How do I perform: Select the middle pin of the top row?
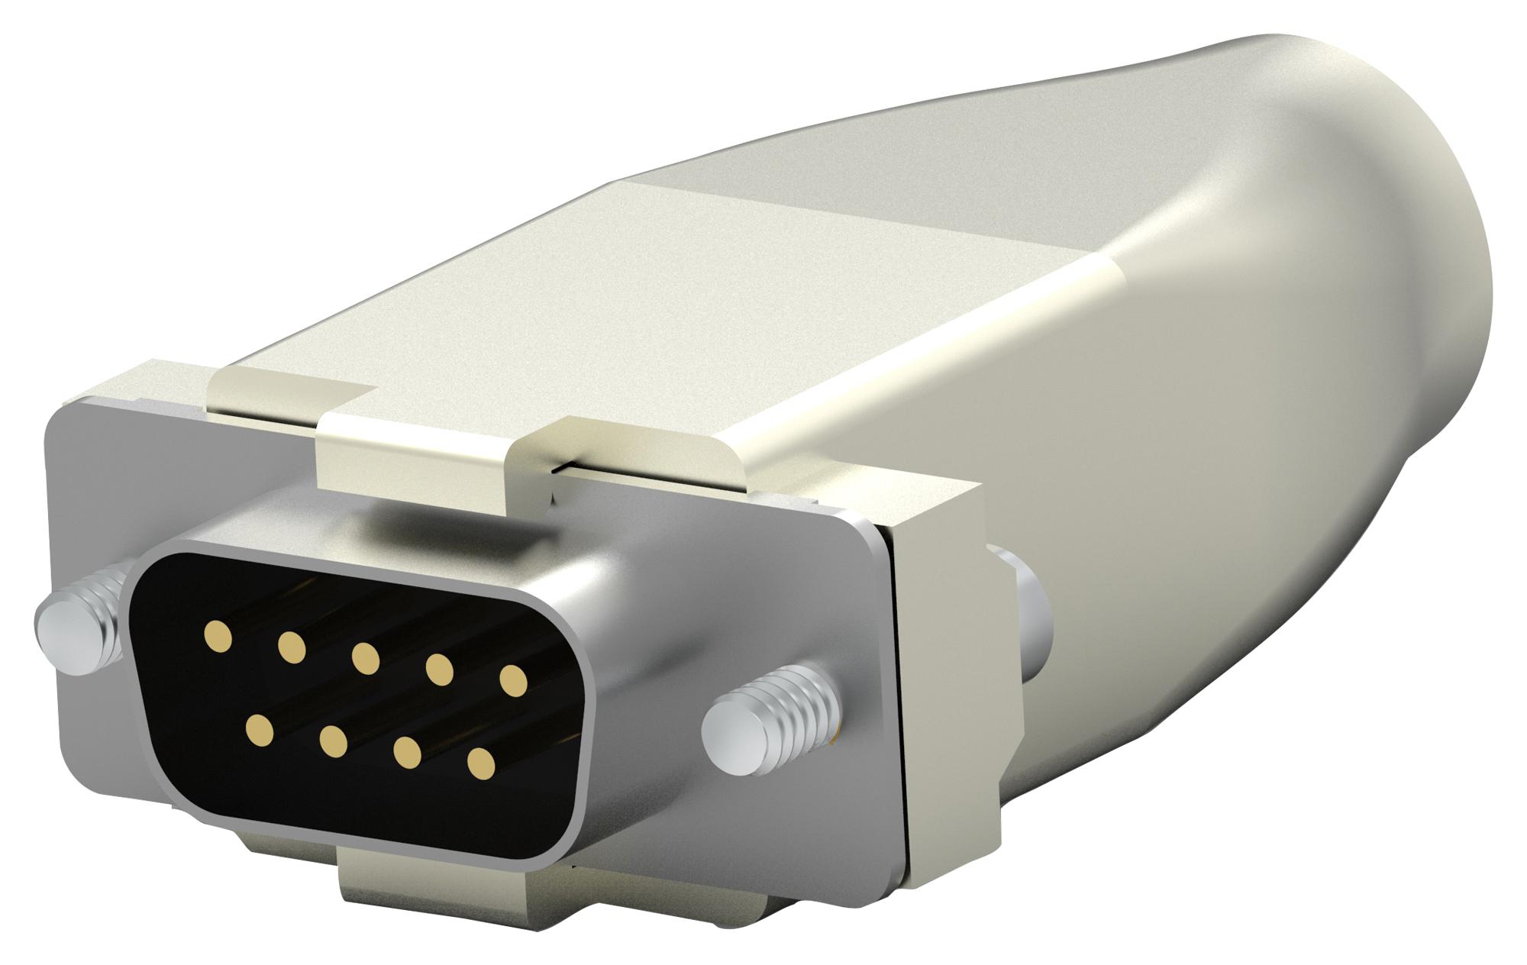pyautogui.click(x=365, y=658)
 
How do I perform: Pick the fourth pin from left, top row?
pyautogui.click(x=439, y=670)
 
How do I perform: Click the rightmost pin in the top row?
pyautogui.click(x=513, y=680)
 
